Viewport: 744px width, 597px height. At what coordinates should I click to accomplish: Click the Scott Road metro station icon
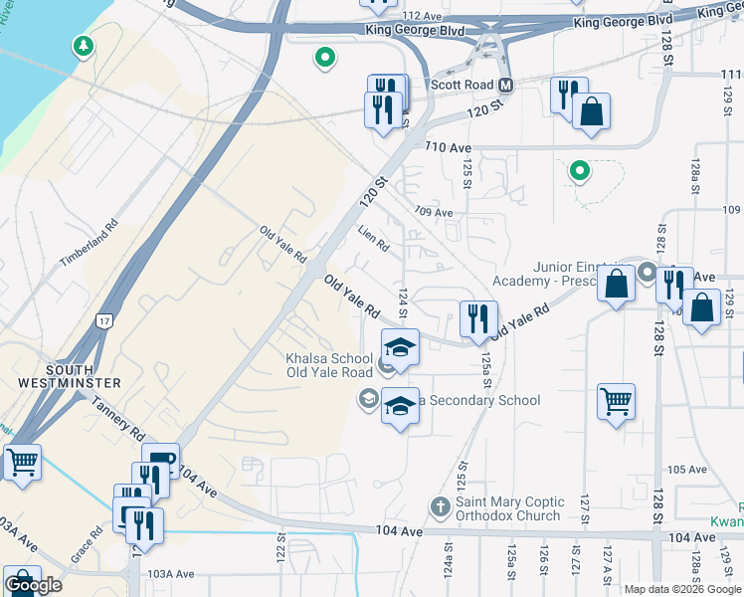505,86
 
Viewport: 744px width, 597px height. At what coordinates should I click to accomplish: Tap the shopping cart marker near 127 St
617,403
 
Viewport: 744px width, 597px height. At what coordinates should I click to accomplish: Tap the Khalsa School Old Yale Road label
322,364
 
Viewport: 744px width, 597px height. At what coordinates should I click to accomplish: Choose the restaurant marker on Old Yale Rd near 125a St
478,319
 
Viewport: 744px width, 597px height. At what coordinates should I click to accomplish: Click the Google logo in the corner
33,585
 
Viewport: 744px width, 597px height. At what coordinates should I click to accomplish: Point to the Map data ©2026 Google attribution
682,589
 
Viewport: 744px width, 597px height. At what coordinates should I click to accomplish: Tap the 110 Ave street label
448,147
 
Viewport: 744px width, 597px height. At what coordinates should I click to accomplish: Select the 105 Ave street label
686,469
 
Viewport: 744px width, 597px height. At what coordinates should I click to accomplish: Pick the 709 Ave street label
434,212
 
